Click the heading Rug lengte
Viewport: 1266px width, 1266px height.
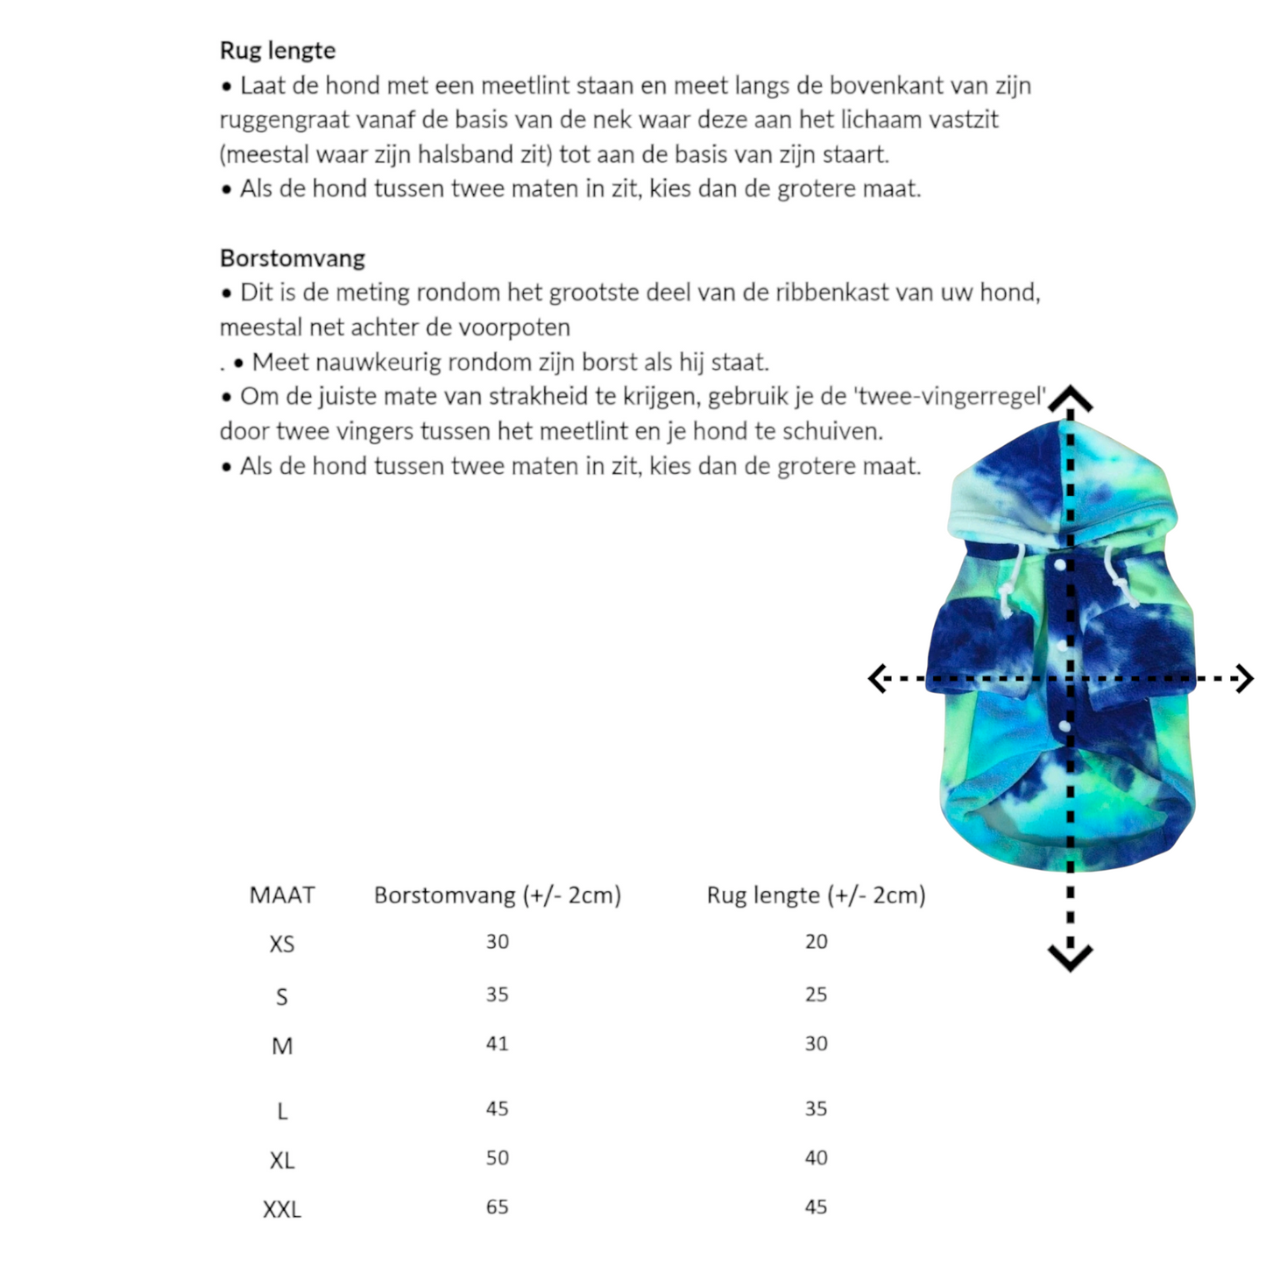[277, 51]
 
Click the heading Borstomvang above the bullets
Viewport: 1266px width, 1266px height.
[292, 258]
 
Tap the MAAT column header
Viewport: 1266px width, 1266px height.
[281, 895]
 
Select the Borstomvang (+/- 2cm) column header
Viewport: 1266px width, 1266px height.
[497, 895]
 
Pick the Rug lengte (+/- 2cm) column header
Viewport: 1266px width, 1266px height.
[816, 895]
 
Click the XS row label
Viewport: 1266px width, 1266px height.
[281, 944]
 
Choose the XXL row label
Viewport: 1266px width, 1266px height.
[281, 1210]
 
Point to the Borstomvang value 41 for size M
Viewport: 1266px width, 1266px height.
[497, 1043]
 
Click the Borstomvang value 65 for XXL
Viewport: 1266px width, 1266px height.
[497, 1207]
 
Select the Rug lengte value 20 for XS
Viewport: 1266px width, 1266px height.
[816, 942]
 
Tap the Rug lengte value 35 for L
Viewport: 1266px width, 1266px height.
[816, 1109]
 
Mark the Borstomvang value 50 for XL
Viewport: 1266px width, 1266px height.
[497, 1158]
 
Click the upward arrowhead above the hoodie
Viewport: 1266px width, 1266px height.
[1071, 399]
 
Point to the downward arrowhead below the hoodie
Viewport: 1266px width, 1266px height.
[1071, 958]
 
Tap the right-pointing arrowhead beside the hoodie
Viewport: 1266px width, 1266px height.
[1244, 678]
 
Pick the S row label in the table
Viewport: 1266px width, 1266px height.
[281, 997]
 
